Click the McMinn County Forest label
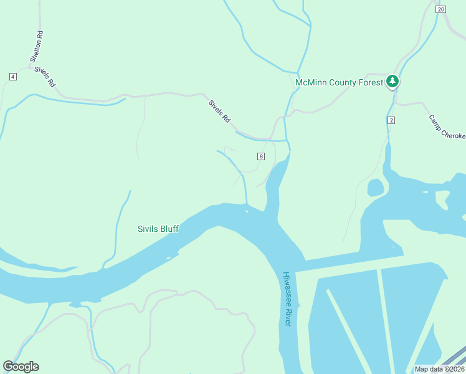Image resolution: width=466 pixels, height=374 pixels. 339,82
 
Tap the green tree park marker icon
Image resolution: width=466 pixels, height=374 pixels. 392,81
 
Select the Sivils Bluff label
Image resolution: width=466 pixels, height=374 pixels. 158,229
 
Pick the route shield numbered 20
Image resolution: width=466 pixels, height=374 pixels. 441,9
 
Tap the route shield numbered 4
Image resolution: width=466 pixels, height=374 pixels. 12,76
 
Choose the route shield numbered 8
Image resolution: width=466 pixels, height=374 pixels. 260,156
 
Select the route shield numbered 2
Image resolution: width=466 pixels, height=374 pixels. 391,120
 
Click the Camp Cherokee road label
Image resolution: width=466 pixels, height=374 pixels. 446,127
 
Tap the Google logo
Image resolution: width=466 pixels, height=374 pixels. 21,367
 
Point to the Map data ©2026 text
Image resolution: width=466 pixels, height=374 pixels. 439,369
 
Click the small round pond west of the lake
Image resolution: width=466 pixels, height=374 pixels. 375,187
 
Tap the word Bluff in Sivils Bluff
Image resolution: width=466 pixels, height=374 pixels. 168,229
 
